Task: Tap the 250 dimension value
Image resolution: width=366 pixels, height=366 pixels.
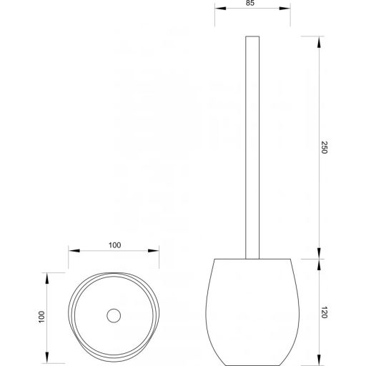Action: click(326, 148)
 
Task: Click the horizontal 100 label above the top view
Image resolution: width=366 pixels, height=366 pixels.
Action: click(114, 245)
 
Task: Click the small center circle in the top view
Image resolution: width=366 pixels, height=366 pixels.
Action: click(113, 315)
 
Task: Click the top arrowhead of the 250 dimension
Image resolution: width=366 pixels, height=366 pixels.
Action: click(317, 38)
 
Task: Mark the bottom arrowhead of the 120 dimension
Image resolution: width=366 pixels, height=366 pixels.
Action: click(317, 360)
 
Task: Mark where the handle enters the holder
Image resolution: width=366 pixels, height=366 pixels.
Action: click(250, 258)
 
